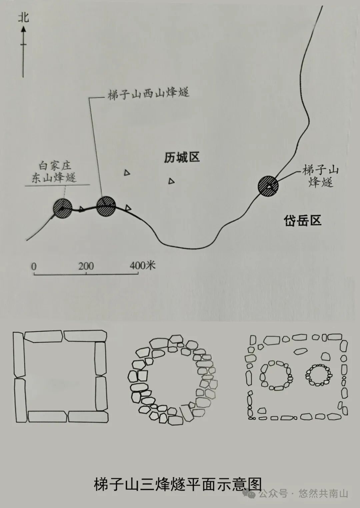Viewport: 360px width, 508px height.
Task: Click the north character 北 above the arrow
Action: click(23, 17)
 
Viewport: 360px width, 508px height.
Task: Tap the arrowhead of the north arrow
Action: click(23, 29)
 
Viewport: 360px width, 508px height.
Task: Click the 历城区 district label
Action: click(182, 157)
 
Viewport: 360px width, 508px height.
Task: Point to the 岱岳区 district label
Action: click(303, 220)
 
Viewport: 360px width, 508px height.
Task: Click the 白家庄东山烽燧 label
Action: click(54, 172)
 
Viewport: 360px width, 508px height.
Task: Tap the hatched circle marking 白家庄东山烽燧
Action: click(62, 208)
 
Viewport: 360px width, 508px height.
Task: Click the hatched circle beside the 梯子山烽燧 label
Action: click(268, 186)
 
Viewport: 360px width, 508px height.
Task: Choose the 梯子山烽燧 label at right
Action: click(320, 176)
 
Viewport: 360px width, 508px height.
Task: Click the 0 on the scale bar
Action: click(34, 267)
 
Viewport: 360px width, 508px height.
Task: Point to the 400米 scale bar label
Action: click(143, 265)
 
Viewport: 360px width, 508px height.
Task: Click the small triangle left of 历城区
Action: click(127, 173)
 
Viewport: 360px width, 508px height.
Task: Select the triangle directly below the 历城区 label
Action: click(171, 181)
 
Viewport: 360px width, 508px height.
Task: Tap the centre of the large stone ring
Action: click(173, 380)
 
